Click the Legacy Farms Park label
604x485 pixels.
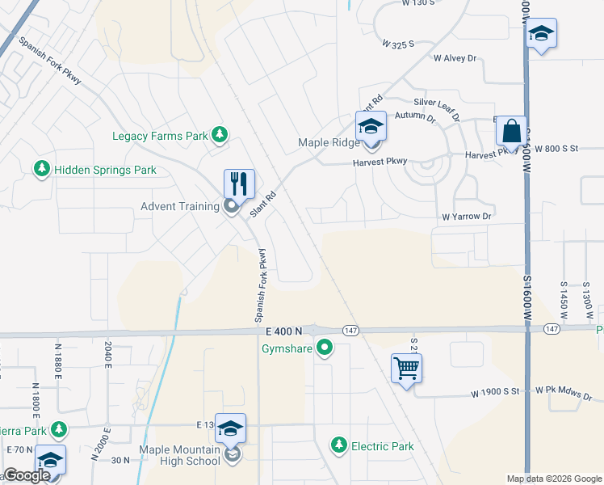(161, 137)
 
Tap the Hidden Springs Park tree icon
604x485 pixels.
(40, 170)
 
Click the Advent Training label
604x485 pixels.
(180, 206)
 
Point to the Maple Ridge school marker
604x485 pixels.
(371, 127)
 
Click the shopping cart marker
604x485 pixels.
(406, 368)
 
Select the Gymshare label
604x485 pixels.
(287, 349)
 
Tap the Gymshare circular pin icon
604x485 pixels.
(325, 349)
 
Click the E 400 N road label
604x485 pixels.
(283, 331)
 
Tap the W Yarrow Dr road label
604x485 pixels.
(466, 217)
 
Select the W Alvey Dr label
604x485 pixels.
(456, 58)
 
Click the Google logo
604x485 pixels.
(27, 475)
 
